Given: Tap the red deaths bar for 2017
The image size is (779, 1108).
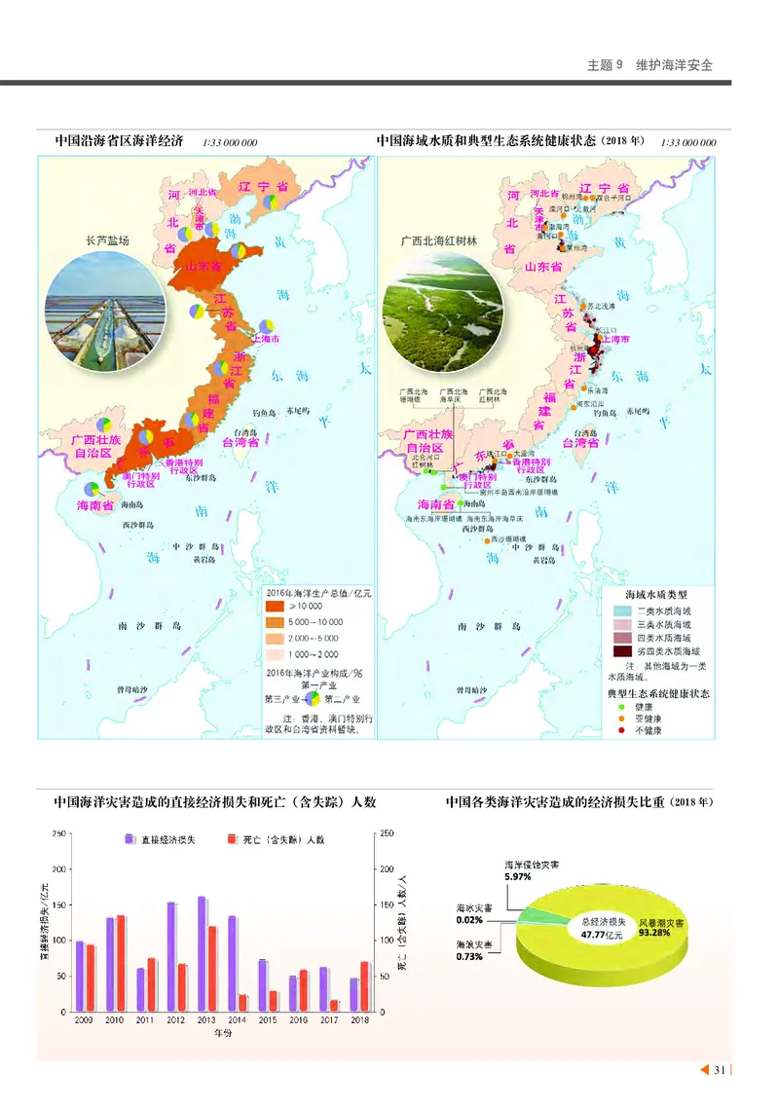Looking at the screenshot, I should pos(334,1005).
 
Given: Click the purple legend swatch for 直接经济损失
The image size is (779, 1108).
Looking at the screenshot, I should pos(129,839).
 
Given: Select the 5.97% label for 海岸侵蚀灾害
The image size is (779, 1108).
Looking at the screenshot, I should pos(518,877).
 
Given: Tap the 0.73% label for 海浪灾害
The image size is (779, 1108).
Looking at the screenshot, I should pos(469,957).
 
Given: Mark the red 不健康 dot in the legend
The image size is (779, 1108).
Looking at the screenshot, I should pos(616,730).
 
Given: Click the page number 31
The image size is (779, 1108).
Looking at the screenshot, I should pos(720,1071).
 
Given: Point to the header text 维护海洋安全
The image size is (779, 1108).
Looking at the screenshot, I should pos(674,65).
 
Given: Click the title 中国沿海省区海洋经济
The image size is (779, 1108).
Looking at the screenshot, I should pos(119,141).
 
